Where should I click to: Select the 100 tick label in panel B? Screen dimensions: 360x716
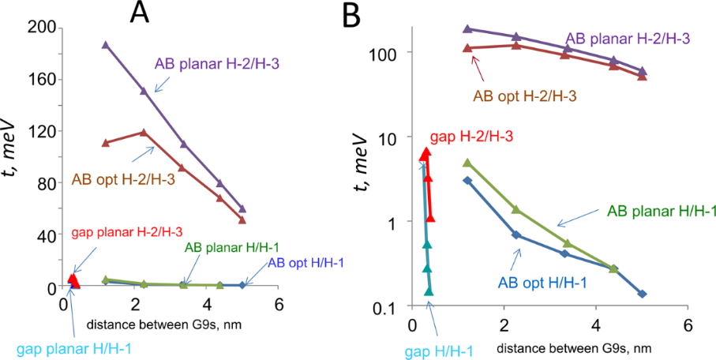pos(384,53)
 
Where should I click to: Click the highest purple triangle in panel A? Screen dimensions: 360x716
pos(106,45)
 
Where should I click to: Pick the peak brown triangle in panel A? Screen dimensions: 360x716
pos(143,132)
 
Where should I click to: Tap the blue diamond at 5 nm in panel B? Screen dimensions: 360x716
pos(642,294)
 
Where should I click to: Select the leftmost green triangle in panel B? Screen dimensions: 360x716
pos(467,163)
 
